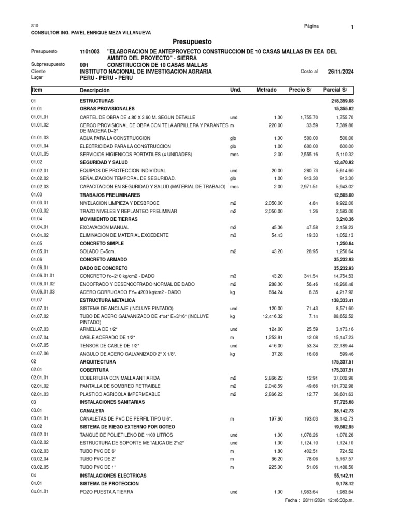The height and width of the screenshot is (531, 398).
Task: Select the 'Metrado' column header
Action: pos(266,90)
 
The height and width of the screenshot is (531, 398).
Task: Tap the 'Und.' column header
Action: pos(236,90)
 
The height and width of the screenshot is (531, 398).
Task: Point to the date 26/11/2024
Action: pos(340,72)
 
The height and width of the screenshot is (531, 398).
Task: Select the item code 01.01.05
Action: pos(40,155)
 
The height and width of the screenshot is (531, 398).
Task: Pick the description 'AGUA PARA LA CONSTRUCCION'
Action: pos(115,138)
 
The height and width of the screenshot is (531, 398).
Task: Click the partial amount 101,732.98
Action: pos(340,386)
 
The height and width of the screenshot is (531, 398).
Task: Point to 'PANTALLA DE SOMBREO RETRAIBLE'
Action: pos(120,386)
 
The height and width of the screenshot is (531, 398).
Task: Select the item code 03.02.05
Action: pos(40,467)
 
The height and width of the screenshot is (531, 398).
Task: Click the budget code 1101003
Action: pos(90,52)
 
